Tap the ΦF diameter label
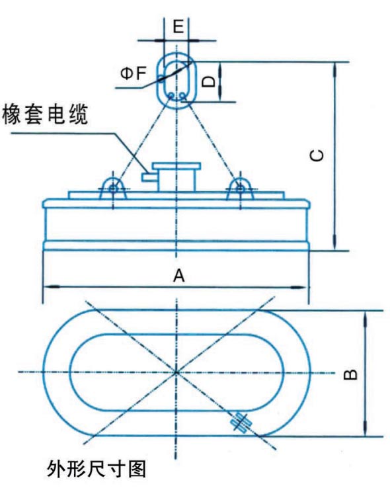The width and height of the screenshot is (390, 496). pos(134,73)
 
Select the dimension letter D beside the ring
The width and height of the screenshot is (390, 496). pos(209,81)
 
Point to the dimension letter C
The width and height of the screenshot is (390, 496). pos(317,155)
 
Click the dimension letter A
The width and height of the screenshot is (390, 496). pos(178,276)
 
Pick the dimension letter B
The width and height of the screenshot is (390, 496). pos(350,374)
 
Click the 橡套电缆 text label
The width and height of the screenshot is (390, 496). pos(45,114)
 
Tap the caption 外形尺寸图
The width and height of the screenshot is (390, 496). pos(97,469)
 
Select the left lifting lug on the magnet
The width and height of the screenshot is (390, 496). pos(113,189)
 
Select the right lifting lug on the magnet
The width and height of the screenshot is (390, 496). pos(240,189)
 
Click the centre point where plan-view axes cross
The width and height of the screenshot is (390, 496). pos(176,372)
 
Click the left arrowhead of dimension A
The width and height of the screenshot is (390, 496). pos(51,287)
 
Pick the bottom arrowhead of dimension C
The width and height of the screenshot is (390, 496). pos(334,243)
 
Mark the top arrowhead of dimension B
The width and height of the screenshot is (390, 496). pos(366,319)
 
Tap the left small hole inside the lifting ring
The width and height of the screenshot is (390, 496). pos(171,95)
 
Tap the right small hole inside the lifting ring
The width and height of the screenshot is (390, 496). pos(182,95)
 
